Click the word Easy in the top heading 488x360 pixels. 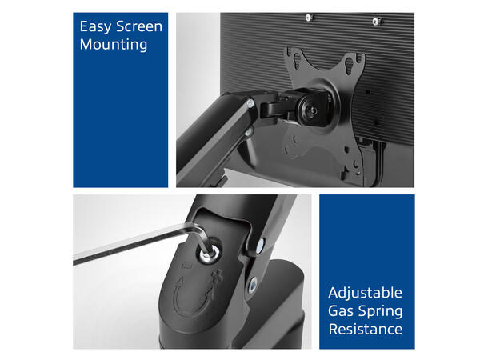(95, 26)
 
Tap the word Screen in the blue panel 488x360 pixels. (139, 26)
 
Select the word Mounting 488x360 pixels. (114, 45)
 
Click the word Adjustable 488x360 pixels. (365, 293)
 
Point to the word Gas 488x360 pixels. (341, 311)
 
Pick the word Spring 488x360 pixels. (380, 312)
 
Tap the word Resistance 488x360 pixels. (366, 329)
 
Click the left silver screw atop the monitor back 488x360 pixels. (309, 18)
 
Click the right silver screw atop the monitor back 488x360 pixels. (376, 21)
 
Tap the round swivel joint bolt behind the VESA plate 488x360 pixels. (312, 110)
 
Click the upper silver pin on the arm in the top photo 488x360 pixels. (250, 103)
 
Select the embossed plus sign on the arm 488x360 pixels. (218, 275)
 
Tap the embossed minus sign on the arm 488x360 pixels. (188, 266)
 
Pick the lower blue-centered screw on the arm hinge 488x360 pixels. (253, 285)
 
